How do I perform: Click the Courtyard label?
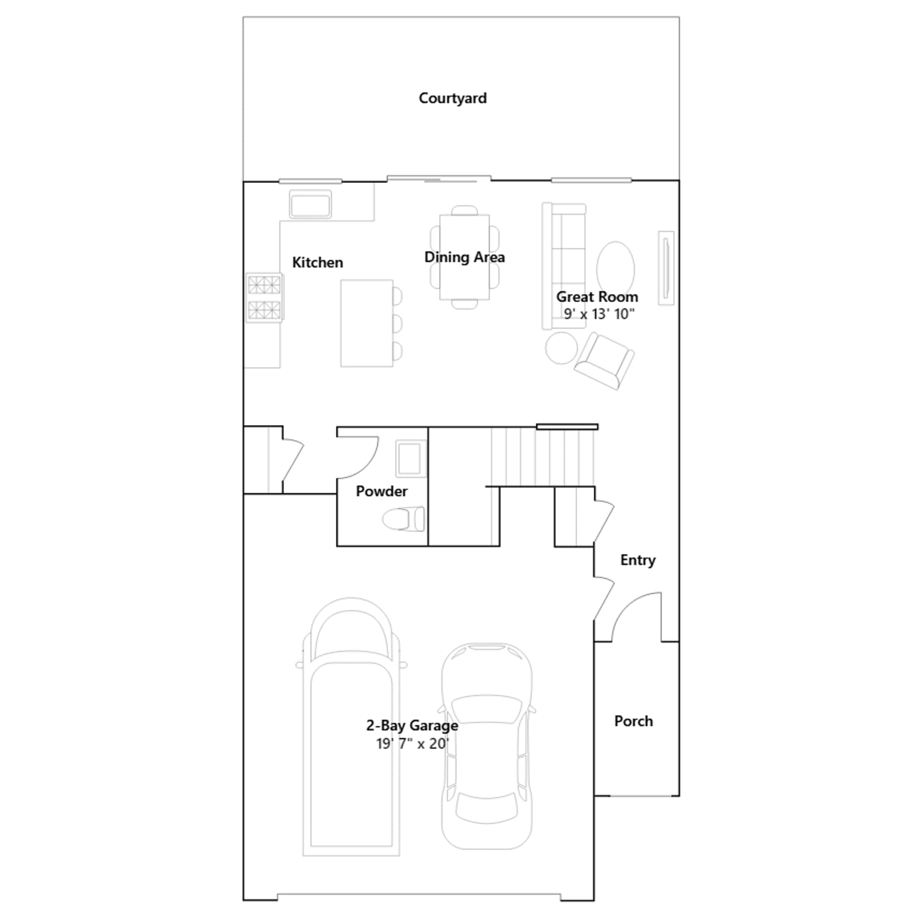pyautogui.click(x=453, y=98)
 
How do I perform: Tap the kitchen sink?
pyautogui.click(x=310, y=205)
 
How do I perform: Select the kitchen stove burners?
pyautogui.click(x=264, y=298)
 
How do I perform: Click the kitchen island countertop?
pyautogui.click(x=367, y=323)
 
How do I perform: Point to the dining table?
pyautogui.click(x=465, y=256)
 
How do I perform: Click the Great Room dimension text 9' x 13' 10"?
pyautogui.click(x=599, y=314)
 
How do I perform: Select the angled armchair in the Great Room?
pyautogui.click(x=604, y=361)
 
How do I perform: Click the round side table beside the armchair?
pyautogui.click(x=561, y=348)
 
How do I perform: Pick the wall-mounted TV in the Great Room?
pyautogui.click(x=666, y=268)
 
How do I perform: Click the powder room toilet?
pyautogui.click(x=403, y=519)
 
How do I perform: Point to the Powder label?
pyautogui.click(x=381, y=491)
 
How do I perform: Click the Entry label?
pyautogui.click(x=638, y=560)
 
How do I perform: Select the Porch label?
pyautogui.click(x=633, y=721)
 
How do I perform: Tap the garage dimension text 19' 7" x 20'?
pyautogui.click(x=413, y=743)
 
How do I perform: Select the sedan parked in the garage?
pyautogui.click(x=487, y=746)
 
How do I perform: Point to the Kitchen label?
pyautogui.click(x=317, y=262)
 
